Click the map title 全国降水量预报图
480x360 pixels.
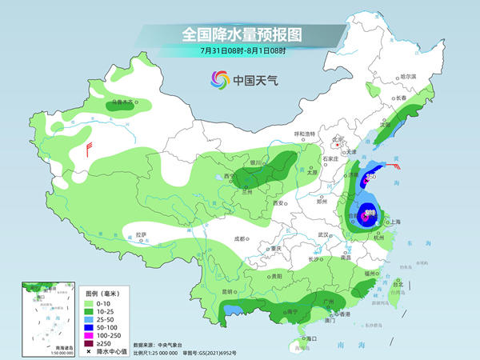239,34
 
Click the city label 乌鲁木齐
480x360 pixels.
122,102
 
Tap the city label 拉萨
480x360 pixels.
141,234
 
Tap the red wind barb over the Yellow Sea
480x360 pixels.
398,167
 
